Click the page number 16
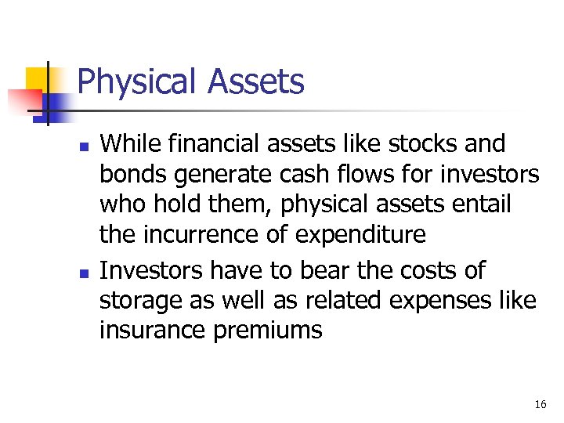[540, 404]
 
